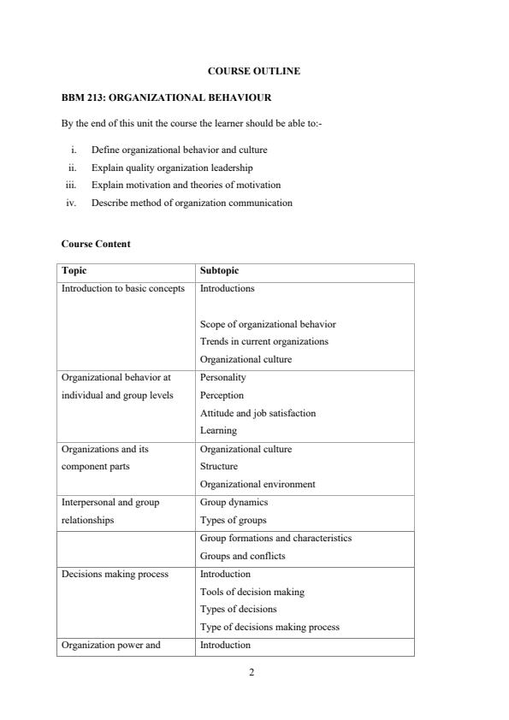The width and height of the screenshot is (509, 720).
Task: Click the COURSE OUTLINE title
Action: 254,71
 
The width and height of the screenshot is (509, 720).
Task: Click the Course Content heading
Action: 96,244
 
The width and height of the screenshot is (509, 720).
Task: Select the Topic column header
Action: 74,271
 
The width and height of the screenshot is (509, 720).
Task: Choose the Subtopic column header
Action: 219,271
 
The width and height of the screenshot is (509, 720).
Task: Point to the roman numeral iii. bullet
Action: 72,185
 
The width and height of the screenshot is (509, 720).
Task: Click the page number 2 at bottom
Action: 252,672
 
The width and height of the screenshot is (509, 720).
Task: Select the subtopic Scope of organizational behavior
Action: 268,324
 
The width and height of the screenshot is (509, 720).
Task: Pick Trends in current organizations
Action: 263,341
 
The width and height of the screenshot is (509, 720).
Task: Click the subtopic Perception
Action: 222,395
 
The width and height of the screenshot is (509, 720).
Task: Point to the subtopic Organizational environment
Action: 257,484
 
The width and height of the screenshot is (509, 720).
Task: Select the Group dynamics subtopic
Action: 234,502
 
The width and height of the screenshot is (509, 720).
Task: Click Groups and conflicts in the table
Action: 243,556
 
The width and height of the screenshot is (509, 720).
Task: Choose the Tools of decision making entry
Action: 252,592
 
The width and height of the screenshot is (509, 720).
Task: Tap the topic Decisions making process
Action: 115,574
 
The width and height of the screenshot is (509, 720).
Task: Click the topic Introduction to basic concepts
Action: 123,288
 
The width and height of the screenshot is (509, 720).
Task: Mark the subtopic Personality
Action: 222,377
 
